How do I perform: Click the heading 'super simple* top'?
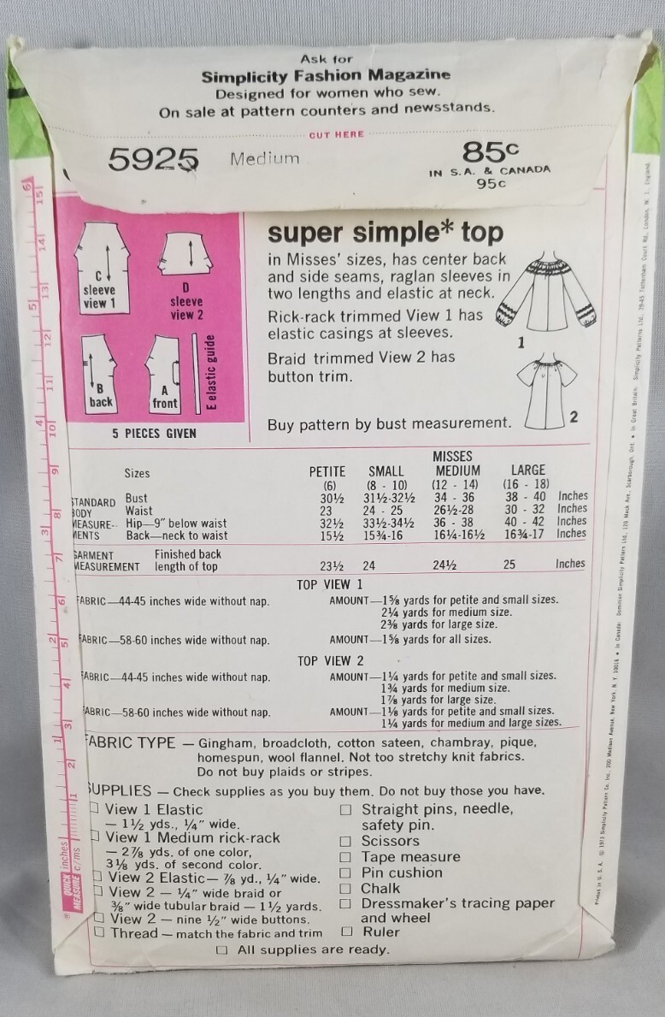[385, 233]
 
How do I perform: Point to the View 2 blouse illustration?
[533, 385]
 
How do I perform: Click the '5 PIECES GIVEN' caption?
[154, 434]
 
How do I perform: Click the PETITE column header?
[327, 470]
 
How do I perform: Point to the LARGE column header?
[527, 470]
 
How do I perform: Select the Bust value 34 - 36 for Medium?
[458, 497]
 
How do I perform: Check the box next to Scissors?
[346, 841]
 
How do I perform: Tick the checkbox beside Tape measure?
[346, 857]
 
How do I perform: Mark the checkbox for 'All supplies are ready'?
[222, 949]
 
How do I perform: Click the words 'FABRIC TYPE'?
[131, 743]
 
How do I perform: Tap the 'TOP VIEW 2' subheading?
[330, 660]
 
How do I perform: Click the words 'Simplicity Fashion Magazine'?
[326, 75]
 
